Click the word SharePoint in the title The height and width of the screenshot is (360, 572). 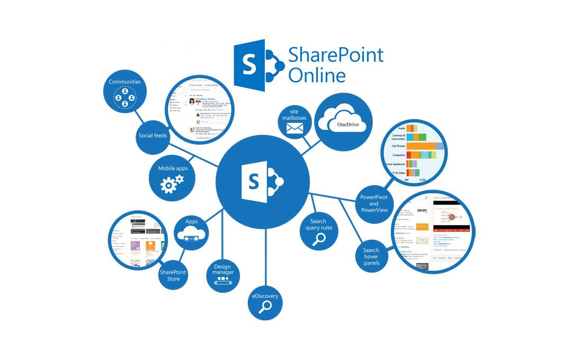336,55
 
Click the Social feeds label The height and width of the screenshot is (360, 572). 153,136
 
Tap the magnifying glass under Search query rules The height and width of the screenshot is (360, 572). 319,240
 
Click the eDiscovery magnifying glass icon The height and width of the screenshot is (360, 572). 265,309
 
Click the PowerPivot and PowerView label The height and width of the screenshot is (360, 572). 374,203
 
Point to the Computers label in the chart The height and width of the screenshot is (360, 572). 398,155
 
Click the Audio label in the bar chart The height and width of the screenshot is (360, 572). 402,128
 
